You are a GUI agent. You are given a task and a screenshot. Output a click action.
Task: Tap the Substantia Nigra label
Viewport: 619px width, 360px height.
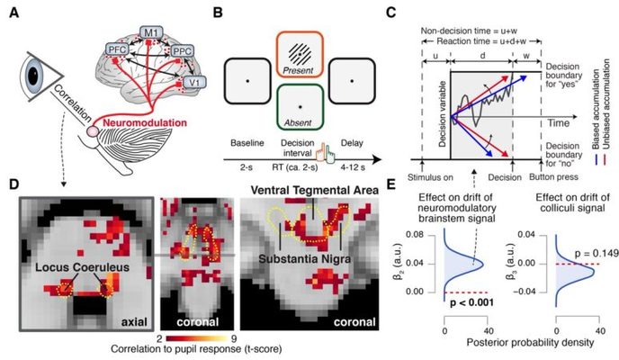pyautogui.click(x=328, y=258)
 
